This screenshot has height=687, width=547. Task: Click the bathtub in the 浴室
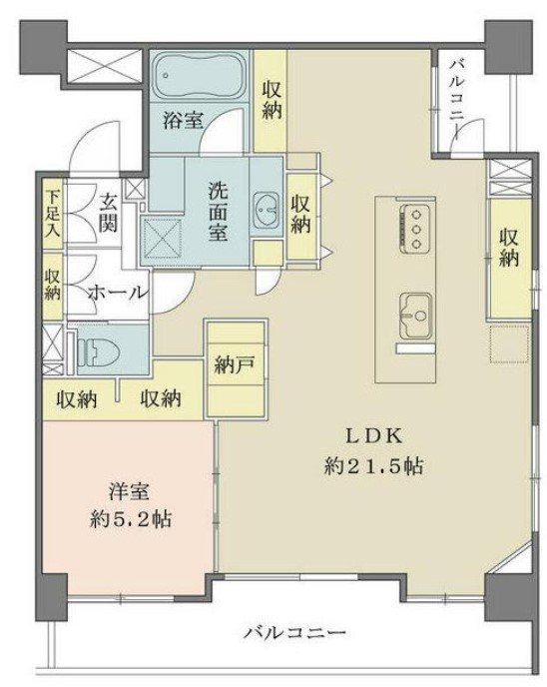(x=200, y=77)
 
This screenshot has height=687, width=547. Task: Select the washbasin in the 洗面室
(x=266, y=210)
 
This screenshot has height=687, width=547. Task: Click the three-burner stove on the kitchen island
(x=414, y=228)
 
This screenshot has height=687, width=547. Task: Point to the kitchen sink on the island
(x=415, y=315)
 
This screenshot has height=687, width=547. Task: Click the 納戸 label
(x=236, y=364)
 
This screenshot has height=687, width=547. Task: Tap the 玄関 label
(x=108, y=213)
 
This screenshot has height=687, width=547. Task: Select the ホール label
(x=117, y=293)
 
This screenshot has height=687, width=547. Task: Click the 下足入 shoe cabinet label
(x=52, y=214)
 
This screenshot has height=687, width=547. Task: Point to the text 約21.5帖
(x=373, y=467)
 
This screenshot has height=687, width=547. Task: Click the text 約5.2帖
(x=130, y=520)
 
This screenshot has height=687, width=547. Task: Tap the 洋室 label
(x=129, y=492)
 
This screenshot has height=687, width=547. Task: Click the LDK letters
(x=374, y=436)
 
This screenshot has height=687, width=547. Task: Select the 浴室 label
(x=183, y=120)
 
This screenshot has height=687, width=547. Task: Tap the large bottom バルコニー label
(x=295, y=633)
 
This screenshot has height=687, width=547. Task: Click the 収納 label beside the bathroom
(x=272, y=100)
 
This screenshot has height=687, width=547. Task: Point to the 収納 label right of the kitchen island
(x=509, y=249)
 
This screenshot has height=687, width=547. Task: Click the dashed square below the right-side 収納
(x=509, y=343)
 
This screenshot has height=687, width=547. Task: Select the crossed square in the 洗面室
(x=162, y=239)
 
